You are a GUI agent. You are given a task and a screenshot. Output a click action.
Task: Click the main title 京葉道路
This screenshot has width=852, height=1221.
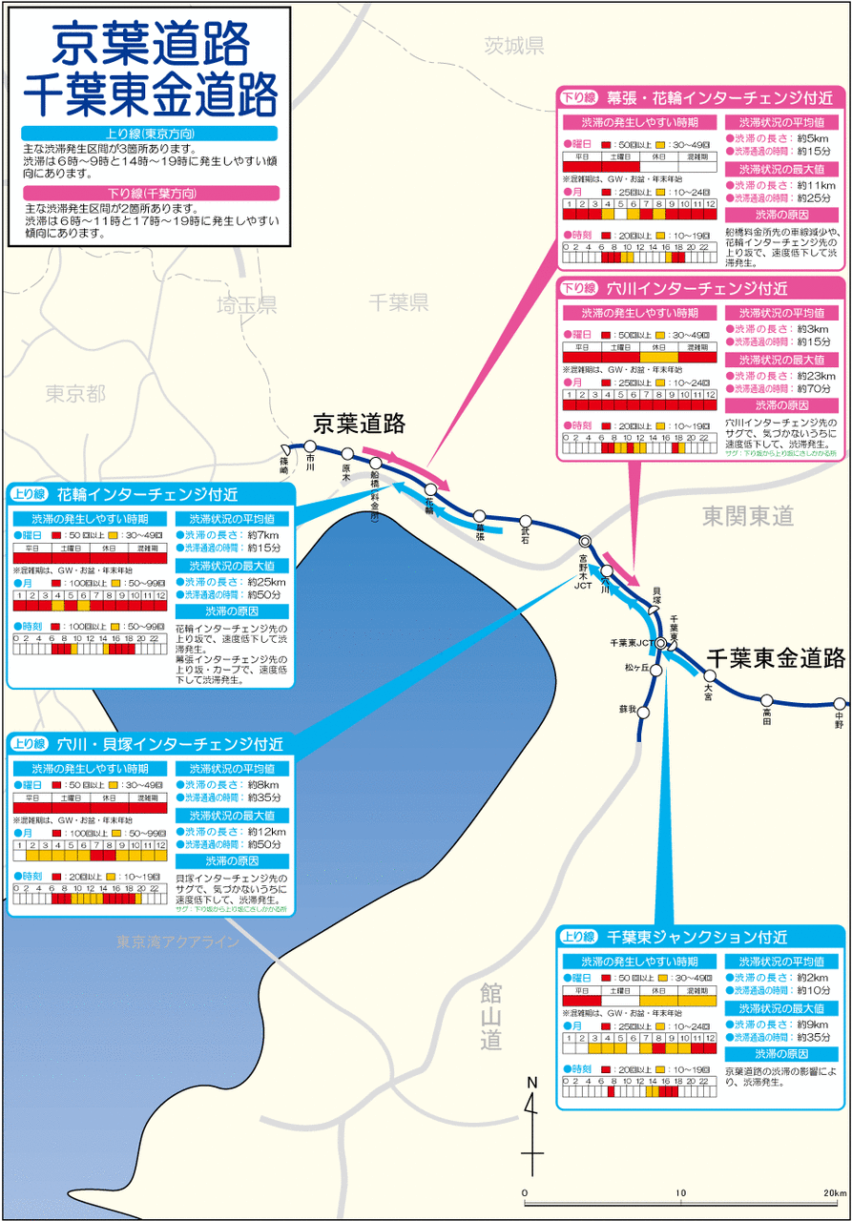151,44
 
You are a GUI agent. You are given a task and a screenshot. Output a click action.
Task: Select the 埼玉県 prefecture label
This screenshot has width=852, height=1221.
246,305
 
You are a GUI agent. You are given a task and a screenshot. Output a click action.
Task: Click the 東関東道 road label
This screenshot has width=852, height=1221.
748,516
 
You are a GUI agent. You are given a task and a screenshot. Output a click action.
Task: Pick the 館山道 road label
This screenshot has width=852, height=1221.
491,1016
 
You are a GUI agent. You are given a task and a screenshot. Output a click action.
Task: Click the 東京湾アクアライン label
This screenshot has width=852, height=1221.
177,942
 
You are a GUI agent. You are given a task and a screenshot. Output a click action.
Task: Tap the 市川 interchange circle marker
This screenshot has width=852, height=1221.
310,445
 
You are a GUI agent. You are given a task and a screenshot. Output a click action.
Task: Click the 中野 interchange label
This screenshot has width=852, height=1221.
839,714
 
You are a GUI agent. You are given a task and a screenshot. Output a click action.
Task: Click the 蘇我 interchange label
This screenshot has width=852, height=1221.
626,709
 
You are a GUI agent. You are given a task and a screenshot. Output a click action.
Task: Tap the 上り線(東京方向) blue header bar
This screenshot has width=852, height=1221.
151,134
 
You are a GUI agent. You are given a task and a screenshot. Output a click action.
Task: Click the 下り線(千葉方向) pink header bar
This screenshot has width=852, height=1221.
151,193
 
